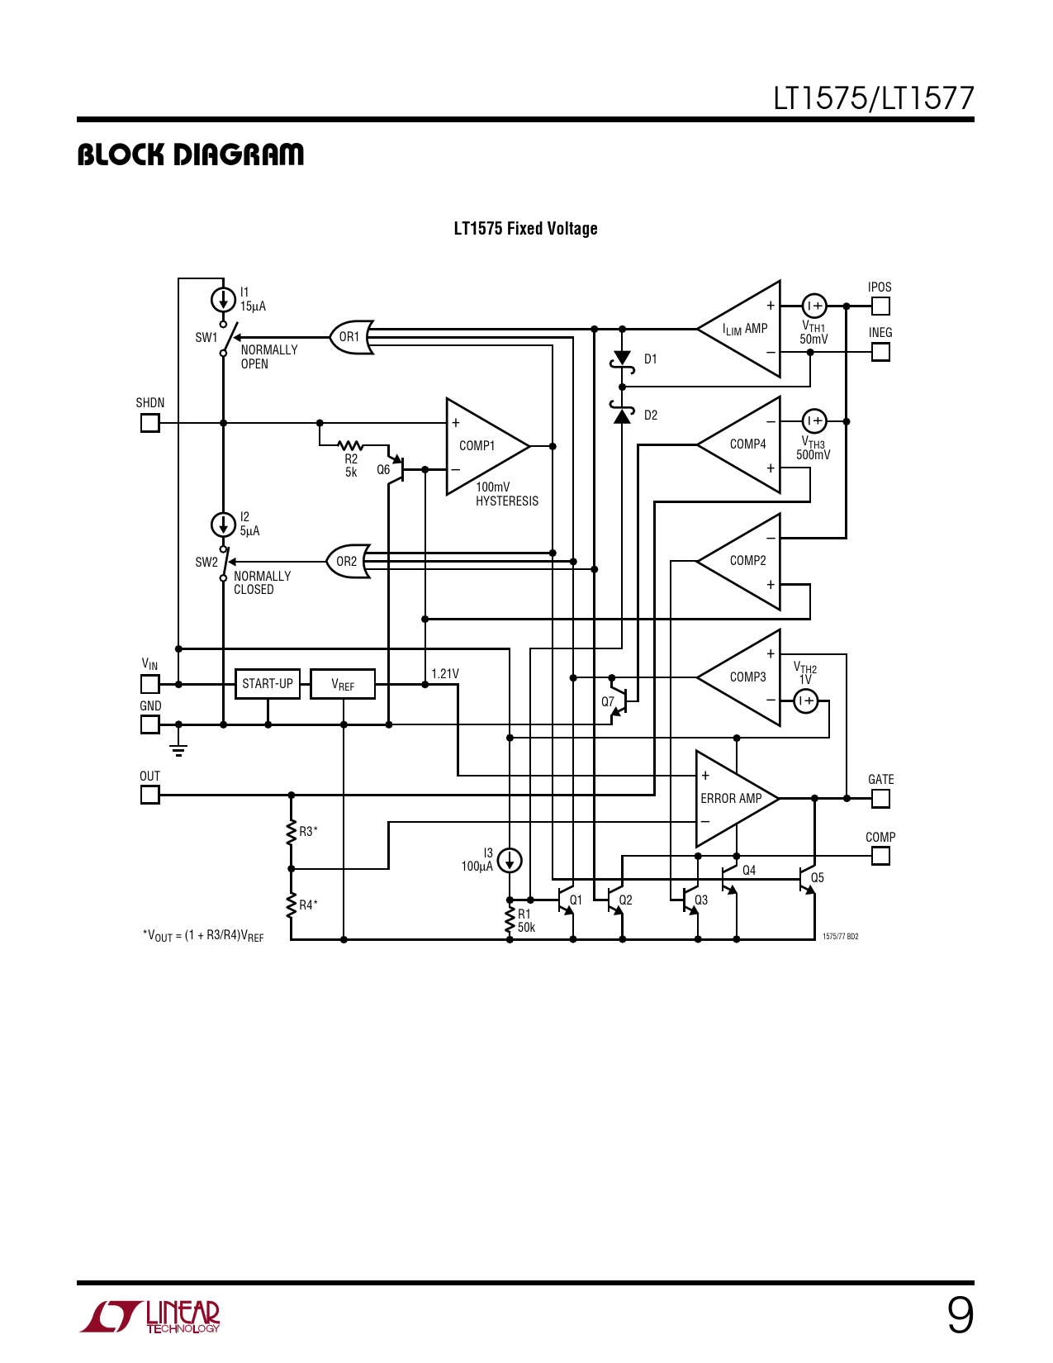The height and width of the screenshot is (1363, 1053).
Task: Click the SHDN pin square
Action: [149, 423]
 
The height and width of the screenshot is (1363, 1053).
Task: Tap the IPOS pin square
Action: [880, 306]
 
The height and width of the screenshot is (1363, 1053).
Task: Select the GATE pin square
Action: [880, 798]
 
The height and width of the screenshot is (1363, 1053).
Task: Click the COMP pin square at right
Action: [880, 856]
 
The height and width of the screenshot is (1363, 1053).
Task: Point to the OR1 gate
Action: [352, 337]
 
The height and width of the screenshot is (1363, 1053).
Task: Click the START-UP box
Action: [268, 684]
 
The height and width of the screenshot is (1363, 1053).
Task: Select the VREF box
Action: [343, 684]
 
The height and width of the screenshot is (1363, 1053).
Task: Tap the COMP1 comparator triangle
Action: [481, 446]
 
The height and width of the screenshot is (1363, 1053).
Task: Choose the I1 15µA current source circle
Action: [223, 299]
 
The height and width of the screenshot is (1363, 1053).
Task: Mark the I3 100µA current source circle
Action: [510, 861]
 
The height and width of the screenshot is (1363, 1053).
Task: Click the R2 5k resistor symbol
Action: [351, 446]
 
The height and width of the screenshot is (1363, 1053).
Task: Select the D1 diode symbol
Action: [622, 359]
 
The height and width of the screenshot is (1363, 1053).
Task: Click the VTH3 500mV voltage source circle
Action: [814, 421]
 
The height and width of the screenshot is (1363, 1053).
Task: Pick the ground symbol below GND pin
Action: [178, 749]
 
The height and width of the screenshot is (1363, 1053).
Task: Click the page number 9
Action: [960, 1315]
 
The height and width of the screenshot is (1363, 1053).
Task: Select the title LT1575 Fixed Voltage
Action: [525, 229]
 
